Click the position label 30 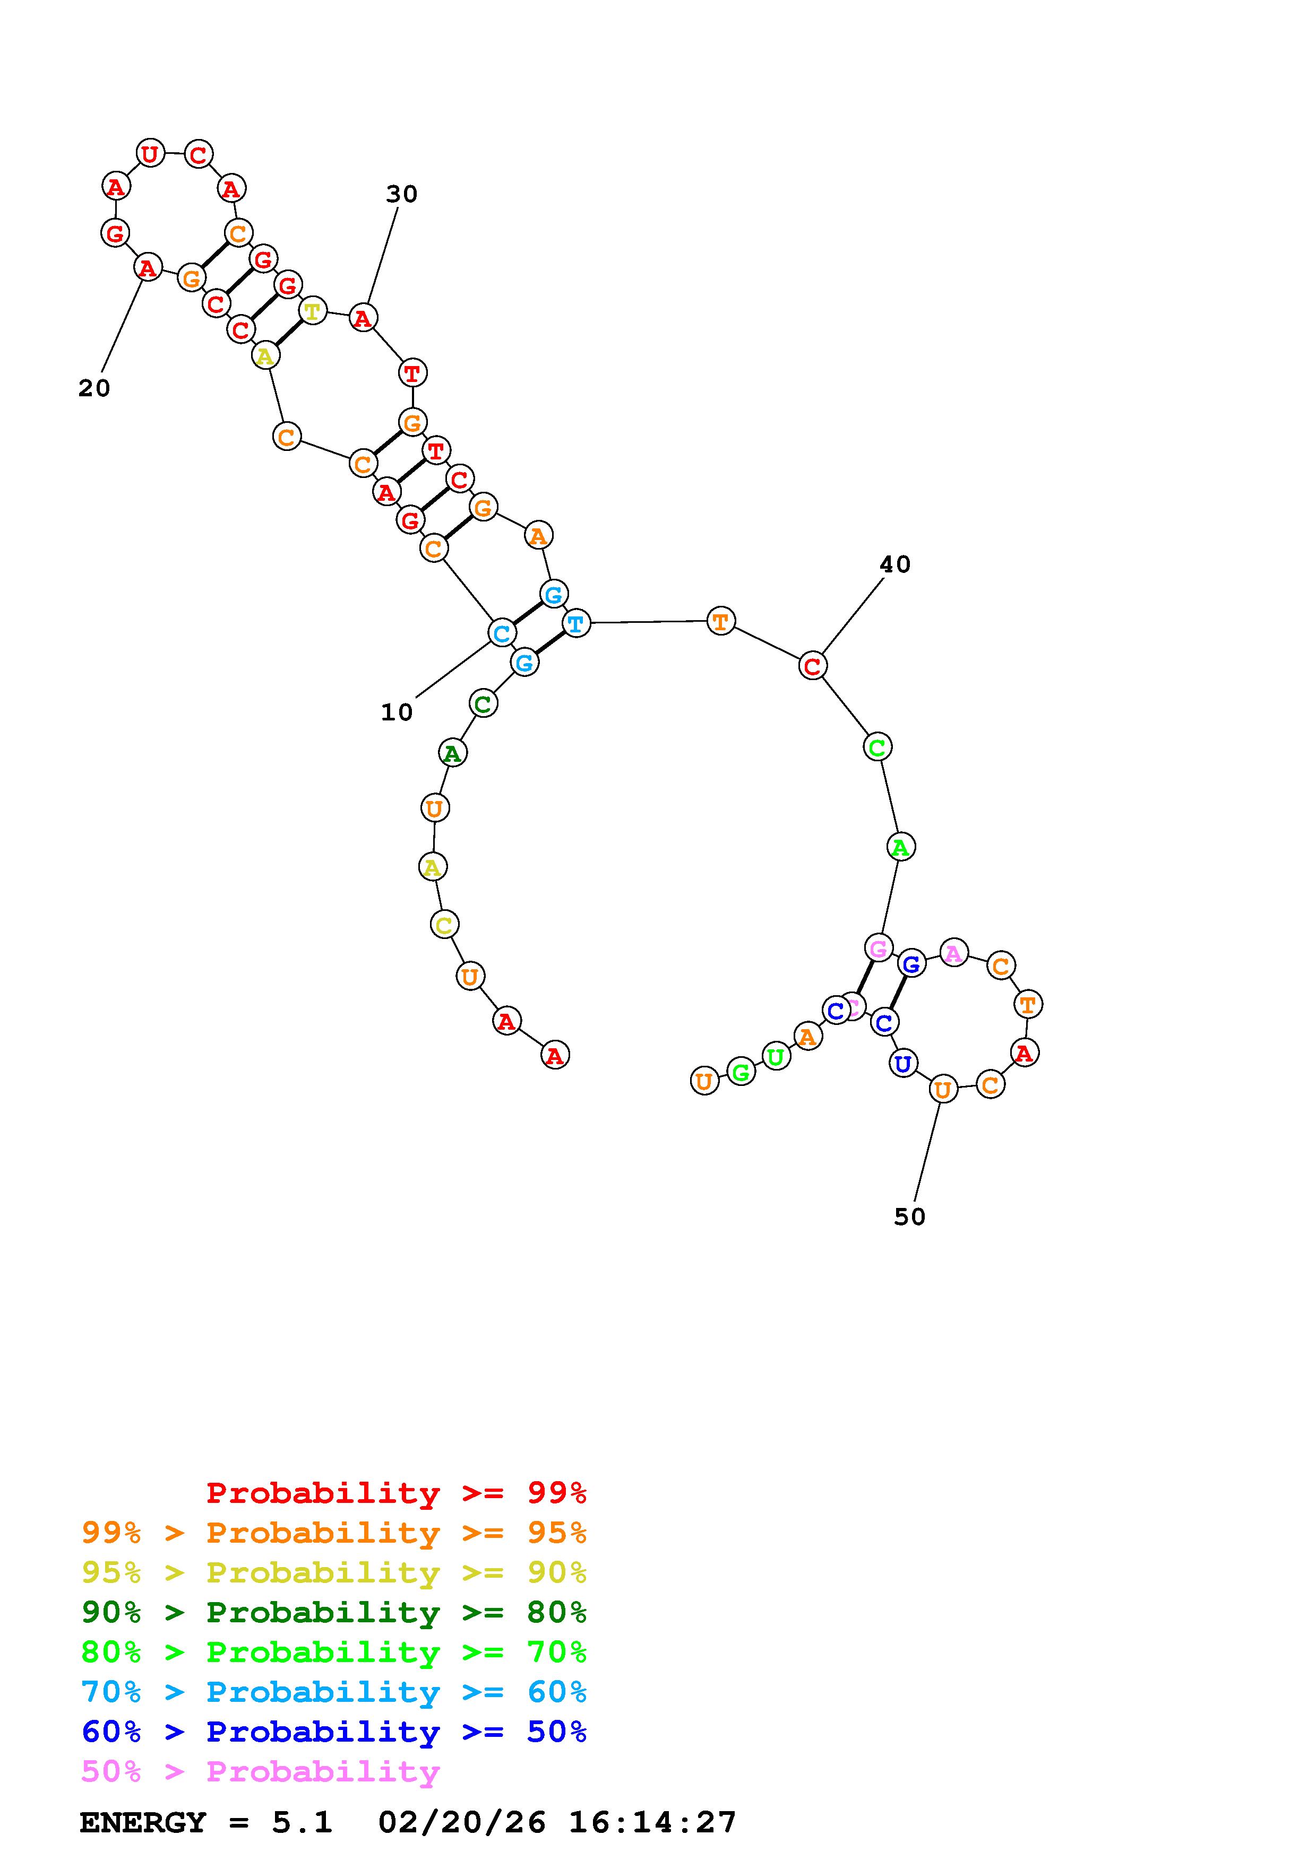(401, 195)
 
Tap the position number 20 (94, 389)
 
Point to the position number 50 (910, 1216)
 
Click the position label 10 (397, 712)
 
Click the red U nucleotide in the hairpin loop (150, 153)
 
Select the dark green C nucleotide (483, 703)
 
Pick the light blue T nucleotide (575, 624)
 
